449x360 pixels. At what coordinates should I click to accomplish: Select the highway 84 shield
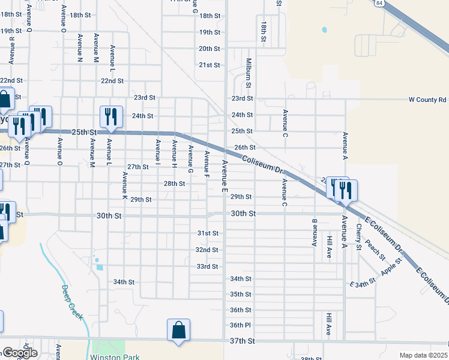pyautogui.click(x=379, y=3)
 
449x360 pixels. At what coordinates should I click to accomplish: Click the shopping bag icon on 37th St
pyautogui.click(x=178, y=330)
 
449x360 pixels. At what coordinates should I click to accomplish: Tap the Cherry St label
pyautogui.click(x=358, y=238)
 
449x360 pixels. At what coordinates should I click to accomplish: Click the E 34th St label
pyautogui.click(x=363, y=282)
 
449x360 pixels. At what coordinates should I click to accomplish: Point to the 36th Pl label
pyautogui.click(x=240, y=325)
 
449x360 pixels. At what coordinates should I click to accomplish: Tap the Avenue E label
pyautogui.click(x=224, y=176)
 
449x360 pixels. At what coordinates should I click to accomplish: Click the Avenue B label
pyautogui.click(x=314, y=232)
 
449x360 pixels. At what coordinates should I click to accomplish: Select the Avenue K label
pyautogui.click(x=124, y=186)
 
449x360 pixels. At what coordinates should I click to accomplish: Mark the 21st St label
pyautogui.click(x=210, y=65)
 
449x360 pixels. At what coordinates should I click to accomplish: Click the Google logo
pyautogui.click(x=20, y=353)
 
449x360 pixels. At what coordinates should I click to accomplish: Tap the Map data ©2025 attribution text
pyautogui.click(x=423, y=355)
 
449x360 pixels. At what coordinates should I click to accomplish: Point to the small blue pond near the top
pyautogui.click(x=325, y=29)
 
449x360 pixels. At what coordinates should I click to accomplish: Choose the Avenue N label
pyautogui.click(x=80, y=48)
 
